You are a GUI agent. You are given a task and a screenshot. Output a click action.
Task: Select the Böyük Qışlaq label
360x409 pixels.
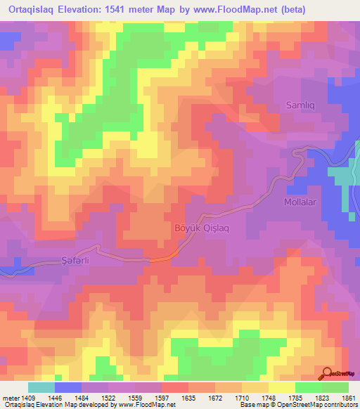tap(198, 228)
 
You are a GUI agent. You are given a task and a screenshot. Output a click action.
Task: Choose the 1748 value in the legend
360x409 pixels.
tap(267, 397)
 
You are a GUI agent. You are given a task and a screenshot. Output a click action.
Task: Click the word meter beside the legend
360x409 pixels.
tap(9, 397)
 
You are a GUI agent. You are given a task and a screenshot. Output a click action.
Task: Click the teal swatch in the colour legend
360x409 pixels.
tap(41, 387)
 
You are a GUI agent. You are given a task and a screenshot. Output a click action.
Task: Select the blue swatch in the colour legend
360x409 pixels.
tap(68, 387)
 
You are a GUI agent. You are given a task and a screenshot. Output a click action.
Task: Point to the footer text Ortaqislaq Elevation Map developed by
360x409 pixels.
tap(56, 405)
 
